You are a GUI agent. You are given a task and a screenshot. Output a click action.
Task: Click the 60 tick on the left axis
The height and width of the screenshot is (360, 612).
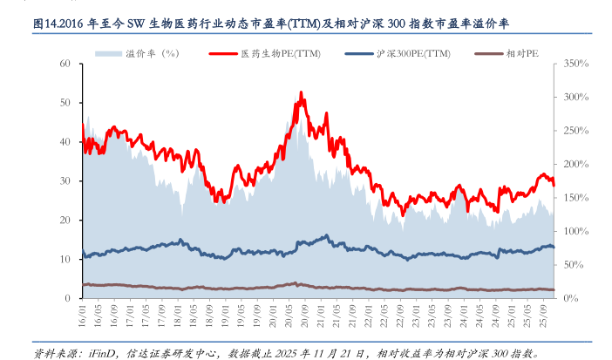tap(65, 64)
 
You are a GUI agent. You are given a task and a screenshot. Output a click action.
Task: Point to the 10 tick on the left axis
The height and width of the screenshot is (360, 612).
tap(65, 259)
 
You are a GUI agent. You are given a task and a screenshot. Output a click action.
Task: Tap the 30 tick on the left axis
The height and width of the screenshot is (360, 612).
tap(65, 181)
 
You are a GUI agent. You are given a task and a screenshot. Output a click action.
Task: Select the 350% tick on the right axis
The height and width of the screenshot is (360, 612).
tap(576, 64)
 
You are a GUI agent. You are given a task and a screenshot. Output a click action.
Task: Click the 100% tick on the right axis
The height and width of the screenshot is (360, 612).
tap(576, 231)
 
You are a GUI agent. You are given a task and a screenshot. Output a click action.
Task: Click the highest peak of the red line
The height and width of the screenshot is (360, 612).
tap(301, 92)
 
